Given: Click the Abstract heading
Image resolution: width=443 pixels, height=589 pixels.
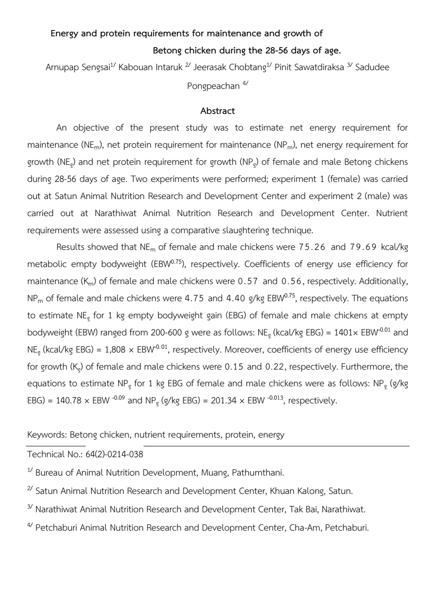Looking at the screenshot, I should (x=218, y=111).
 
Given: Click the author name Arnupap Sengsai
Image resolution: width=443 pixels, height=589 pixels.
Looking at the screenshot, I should (x=78, y=67).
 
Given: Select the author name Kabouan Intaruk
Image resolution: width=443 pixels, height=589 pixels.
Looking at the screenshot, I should (x=150, y=67).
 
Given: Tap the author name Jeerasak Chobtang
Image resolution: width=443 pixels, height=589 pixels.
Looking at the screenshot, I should (x=230, y=67).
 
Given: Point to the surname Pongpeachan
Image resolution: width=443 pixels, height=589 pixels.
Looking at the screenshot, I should (x=213, y=86).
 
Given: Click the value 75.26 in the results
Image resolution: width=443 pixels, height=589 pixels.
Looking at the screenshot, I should (x=312, y=247).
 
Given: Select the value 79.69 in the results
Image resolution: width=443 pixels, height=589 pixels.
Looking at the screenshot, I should (x=363, y=247).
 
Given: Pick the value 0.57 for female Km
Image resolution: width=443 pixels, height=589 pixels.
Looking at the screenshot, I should (x=248, y=281).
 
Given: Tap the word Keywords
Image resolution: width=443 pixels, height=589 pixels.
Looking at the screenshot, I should (x=47, y=435).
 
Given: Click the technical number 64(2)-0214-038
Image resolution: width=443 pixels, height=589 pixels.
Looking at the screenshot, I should (x=114, y=454).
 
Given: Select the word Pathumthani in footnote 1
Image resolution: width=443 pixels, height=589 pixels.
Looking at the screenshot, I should (x=257, y=473).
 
